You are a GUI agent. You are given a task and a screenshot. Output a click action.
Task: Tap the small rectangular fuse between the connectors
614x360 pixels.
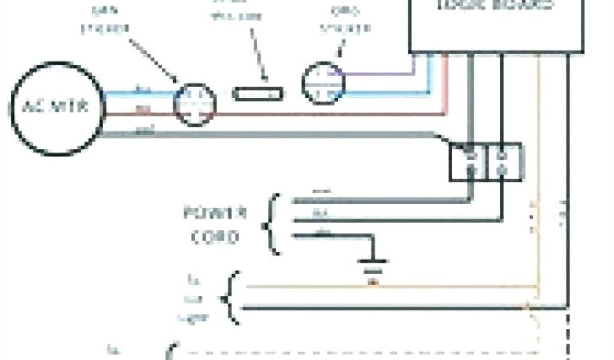tap(258, 94)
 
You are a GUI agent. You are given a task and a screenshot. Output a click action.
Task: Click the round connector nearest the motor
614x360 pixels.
tap(194, 104)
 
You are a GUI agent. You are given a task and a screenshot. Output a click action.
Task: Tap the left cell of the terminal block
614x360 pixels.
tap(469, 161)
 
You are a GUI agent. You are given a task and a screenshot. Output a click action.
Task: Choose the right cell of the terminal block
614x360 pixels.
tap(504, 161)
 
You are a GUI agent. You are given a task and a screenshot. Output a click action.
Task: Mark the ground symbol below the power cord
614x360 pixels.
tap(372, 262)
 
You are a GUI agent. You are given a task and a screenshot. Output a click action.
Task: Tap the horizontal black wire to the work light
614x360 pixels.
tap(384, 308)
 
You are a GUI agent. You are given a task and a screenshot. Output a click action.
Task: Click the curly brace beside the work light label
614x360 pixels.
tap(230, 298)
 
